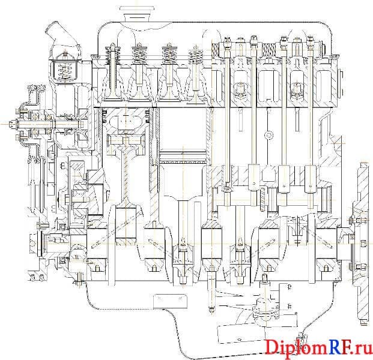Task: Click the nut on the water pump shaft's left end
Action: (x=11, y=124)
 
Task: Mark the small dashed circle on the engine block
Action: (x=269, y=135)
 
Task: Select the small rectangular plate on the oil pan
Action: (x=171, y=301)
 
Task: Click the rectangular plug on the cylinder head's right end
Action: (x=341, y=83)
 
